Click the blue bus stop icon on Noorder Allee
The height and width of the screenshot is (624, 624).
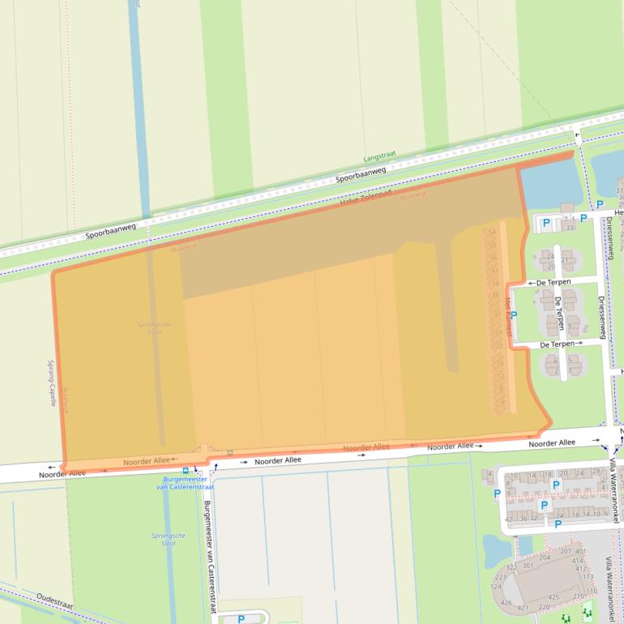[186, 470]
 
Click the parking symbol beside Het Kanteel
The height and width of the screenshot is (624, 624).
[515, 314]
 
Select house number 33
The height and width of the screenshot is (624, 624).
[570, 228]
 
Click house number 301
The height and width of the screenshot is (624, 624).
[528, 566]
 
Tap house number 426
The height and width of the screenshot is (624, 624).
[506, 602]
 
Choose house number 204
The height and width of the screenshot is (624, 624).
[545, 558]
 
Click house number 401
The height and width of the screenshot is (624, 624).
[580, 551]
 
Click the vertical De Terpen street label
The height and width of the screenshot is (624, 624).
[560, 313]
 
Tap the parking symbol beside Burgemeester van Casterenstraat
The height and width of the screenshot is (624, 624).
[241, 619]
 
